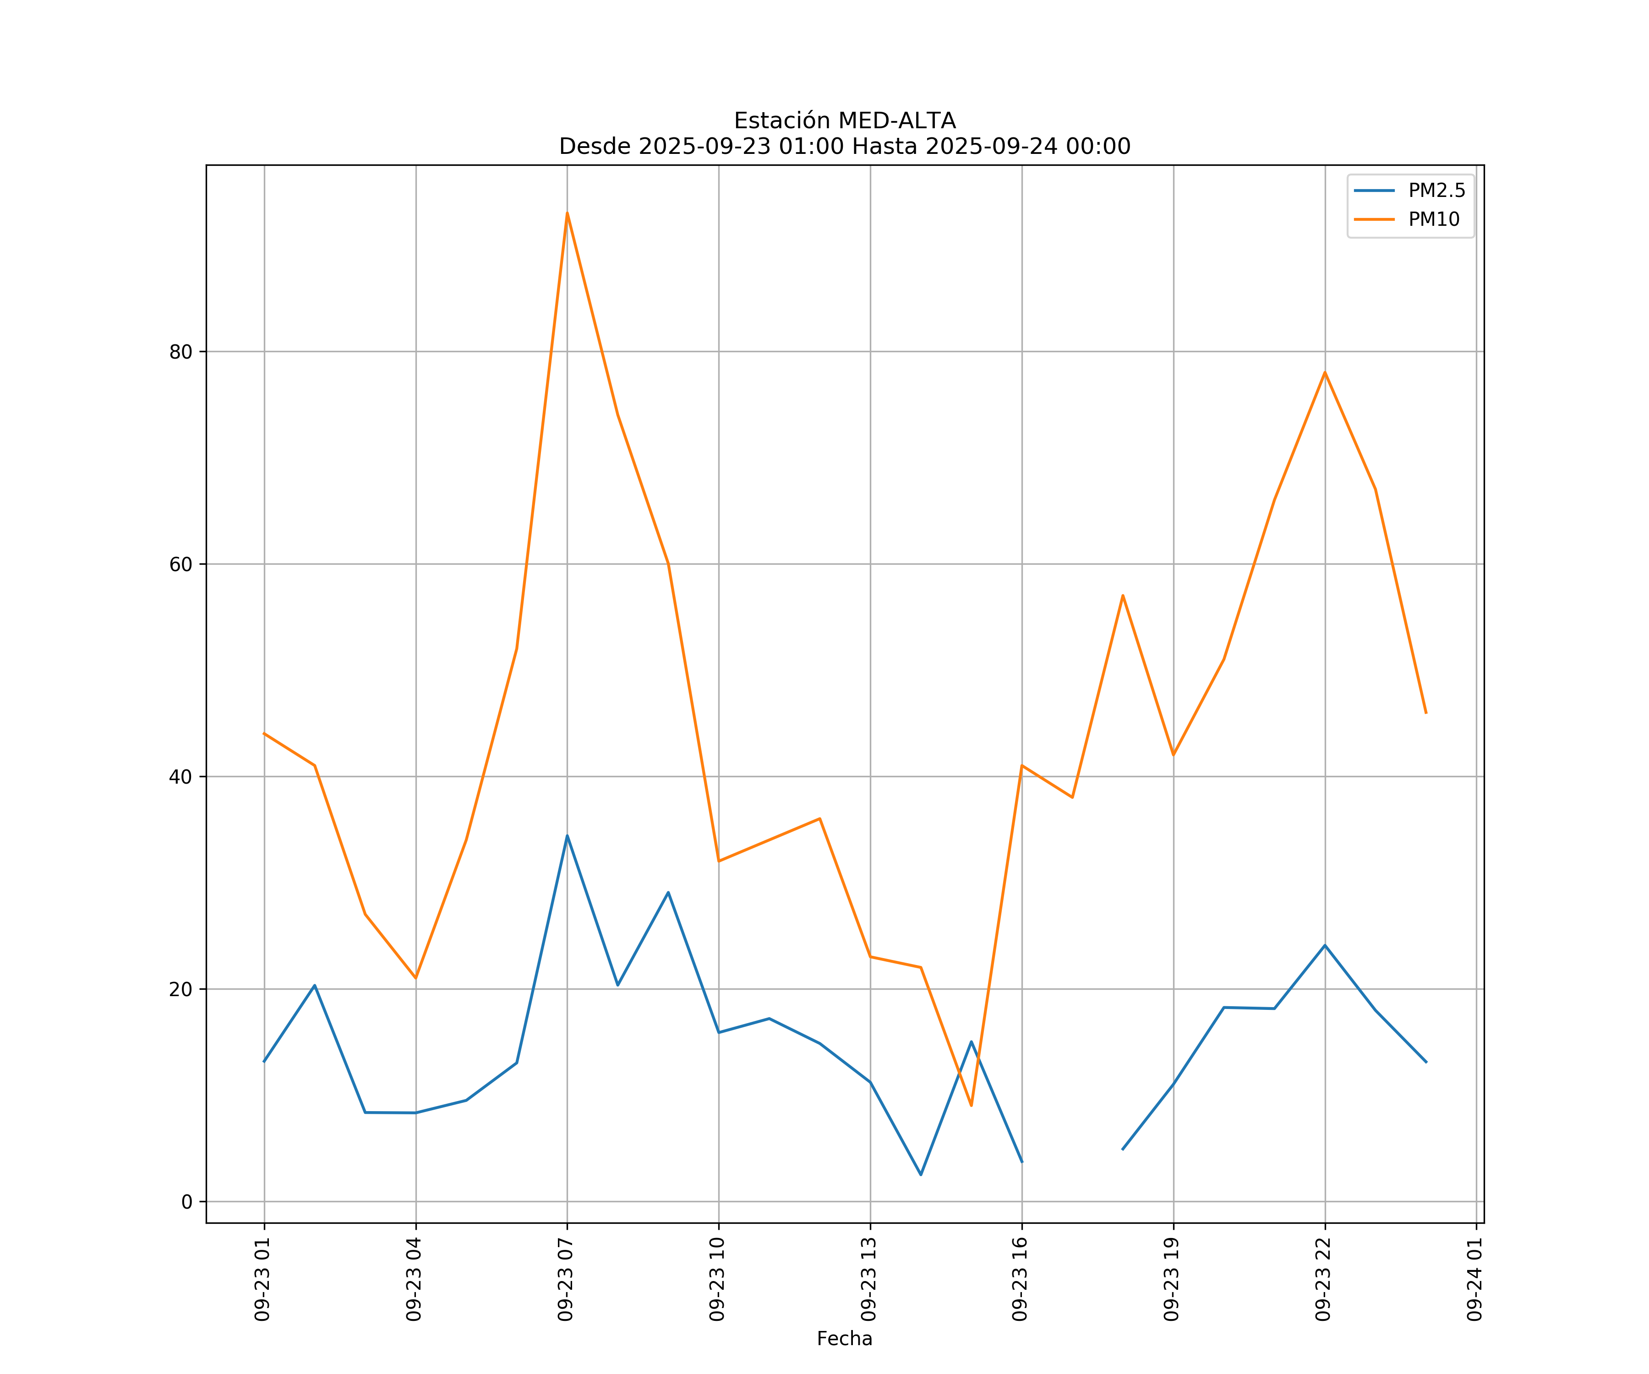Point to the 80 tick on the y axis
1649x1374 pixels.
[180, 352]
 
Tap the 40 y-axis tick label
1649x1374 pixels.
[180, 776]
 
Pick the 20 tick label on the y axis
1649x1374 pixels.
[180, 989]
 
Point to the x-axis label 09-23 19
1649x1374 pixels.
[1172, 1279]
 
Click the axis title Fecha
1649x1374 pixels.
[844, 1339]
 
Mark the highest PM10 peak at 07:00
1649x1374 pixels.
[567, 213]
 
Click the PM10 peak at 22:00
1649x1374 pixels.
[1325, 372]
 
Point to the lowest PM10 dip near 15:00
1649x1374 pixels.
[972, 1106]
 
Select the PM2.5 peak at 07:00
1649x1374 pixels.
[567, 835]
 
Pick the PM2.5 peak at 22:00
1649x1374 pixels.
[1325, 945]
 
